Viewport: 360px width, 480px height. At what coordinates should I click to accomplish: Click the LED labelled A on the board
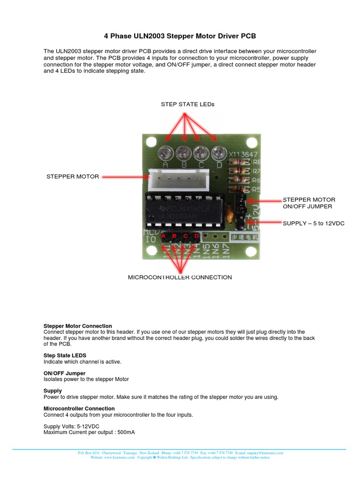(x=165, y=152)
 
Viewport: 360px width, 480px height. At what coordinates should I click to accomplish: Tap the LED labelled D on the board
(x=218, y=152)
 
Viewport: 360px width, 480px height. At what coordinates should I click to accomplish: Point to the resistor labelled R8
(x=238, y=162)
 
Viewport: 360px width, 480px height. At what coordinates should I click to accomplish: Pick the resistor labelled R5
(x=238, y=189)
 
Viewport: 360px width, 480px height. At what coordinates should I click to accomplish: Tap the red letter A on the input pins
(x=164, y=236)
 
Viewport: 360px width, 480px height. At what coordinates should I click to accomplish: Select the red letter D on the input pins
(x=197, y=236)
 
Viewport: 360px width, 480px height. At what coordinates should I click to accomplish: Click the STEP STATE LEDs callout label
(x=187, y=104)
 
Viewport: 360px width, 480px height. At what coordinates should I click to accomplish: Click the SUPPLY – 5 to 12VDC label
(x=314, y=223)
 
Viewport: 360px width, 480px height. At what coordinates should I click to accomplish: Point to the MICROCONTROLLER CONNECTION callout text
(x=180, y=277)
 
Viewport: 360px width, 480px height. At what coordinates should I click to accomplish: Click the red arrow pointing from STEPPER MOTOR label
(x=125, y=177)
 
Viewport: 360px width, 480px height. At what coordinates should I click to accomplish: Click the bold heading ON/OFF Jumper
(x=65, y=373)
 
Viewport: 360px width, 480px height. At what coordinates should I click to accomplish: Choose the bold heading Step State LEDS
(x=65, y=355)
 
